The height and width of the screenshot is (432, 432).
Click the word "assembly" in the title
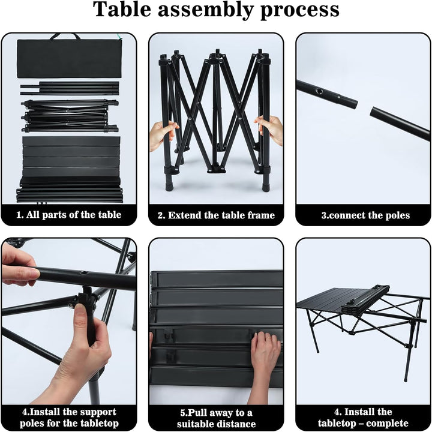point(205,10)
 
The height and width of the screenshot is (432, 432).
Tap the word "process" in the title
point(300,11)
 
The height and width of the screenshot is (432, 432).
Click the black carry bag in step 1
point(69,58)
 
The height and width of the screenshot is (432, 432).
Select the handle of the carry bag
point(65,36)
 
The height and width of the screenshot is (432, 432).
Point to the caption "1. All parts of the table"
point(69,215)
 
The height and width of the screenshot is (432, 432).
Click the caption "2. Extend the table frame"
point(216,215)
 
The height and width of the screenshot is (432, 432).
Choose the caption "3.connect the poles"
point(365,215)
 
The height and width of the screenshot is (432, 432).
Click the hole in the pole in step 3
point(319,91)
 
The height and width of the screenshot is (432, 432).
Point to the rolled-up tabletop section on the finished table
point(366,299)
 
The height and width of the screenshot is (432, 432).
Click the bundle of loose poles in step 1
point(70,88)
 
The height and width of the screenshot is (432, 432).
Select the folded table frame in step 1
point(70,116)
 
